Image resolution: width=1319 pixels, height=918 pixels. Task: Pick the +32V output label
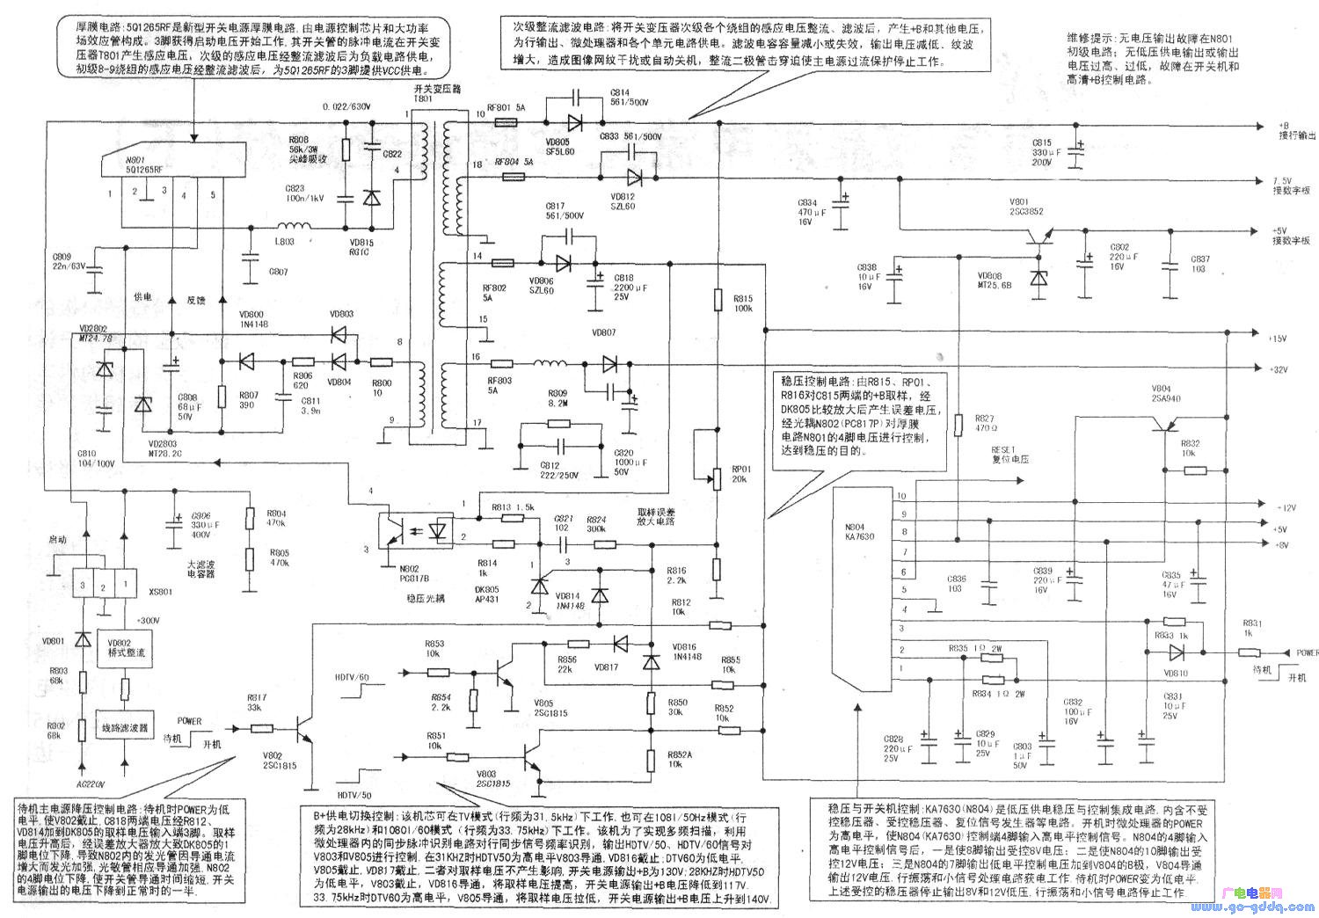pyautogui.click(x=1278, y=370)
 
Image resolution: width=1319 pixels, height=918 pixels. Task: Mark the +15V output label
pyautogui.click(x=1278, y=339)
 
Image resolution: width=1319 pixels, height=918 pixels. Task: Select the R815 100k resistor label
pyautogui.click(x=744, y=303)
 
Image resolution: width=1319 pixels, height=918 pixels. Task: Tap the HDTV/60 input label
pyautogui.click(x=353, y=676)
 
